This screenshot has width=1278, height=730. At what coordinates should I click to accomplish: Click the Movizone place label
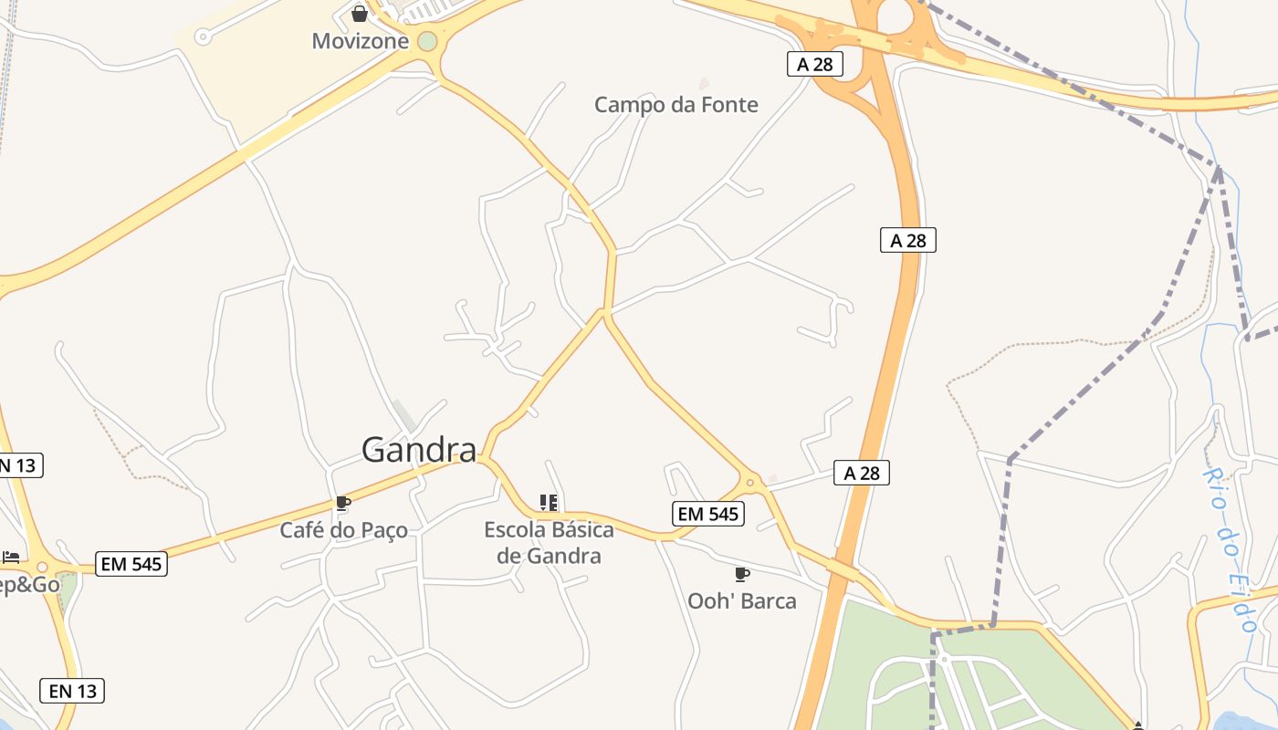360,41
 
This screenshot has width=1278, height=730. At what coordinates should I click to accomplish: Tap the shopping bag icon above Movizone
360,14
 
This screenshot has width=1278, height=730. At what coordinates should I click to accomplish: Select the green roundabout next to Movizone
427,42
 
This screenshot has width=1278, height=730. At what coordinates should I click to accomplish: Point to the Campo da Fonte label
676,105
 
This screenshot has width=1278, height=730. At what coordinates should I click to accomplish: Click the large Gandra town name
419,450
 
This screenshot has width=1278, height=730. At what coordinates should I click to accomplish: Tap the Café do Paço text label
343,530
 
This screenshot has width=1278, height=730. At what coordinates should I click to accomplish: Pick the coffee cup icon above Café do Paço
343,503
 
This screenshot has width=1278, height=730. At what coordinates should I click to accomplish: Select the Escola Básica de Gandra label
549,542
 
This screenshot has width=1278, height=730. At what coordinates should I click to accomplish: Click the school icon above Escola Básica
549,503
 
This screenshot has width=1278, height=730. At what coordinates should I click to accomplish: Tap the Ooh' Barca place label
741,601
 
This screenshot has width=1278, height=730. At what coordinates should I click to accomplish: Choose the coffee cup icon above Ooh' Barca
741,574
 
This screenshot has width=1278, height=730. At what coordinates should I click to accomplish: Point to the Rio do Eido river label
1230,550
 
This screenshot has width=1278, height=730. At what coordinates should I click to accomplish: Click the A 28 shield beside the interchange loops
814,64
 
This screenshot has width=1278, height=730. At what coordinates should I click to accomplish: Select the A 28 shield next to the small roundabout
861,473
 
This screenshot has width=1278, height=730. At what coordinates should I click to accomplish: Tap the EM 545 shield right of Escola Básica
708,514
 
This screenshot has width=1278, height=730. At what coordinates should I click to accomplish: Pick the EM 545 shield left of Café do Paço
131,564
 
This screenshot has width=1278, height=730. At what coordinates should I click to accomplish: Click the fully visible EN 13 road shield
72,691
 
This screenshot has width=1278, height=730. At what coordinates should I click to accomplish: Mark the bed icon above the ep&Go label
11,557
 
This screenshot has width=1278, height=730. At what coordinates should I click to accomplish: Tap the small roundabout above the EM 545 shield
750,482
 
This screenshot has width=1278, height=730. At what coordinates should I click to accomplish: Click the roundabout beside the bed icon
41,567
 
